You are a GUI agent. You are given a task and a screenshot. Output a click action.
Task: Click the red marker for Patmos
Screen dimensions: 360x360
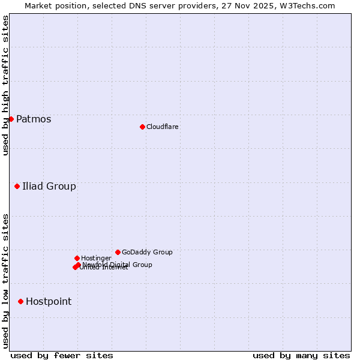pyautogui.click(x=11, y=119)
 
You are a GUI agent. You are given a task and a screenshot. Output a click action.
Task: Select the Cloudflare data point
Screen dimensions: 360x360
pyautogui.click(x=142, y=127)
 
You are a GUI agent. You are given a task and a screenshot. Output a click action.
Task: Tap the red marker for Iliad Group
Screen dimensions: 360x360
pyautogui.click(x=17, y=186)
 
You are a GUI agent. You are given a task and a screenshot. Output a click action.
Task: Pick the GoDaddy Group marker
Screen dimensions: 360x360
pyautogui.click(x=118, y=252)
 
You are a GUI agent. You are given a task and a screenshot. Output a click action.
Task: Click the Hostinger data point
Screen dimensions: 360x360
pyautogui.click(x=77, y=258)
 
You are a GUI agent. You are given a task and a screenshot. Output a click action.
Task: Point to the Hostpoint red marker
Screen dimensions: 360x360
pyautogui.click(x=20, y=301)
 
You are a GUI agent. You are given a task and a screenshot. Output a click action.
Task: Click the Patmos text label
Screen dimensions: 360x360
pyautogui.click(x=34, y=119)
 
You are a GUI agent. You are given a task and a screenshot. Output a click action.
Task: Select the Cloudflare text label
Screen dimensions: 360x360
pyautogui.click(x=162, y=127)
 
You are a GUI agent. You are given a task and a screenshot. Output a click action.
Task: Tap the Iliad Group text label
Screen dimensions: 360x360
pyautogui.click(x=49, y=186)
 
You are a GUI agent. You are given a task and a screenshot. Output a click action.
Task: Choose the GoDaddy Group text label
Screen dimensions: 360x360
pyautogui.click(x=147, y=252)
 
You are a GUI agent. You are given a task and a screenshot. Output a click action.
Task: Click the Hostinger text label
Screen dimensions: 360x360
pyautogui.click(x=96, y=258)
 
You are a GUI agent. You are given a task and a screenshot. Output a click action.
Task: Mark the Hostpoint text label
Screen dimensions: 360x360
pyautogui.click(x=49, y=301)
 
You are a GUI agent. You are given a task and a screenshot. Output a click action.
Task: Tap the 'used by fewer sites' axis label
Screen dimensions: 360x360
pyautogui.click(x=62, y=355)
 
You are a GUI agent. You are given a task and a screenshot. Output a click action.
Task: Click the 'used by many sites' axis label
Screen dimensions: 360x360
pyautogui.click(x=301, y=355)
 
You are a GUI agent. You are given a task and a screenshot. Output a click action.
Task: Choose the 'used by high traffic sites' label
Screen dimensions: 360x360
pyautogui.click(x=5, y=85)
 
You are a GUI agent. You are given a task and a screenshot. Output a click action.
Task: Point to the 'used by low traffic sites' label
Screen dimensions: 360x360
pyautogui.click(x=5, y=281)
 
